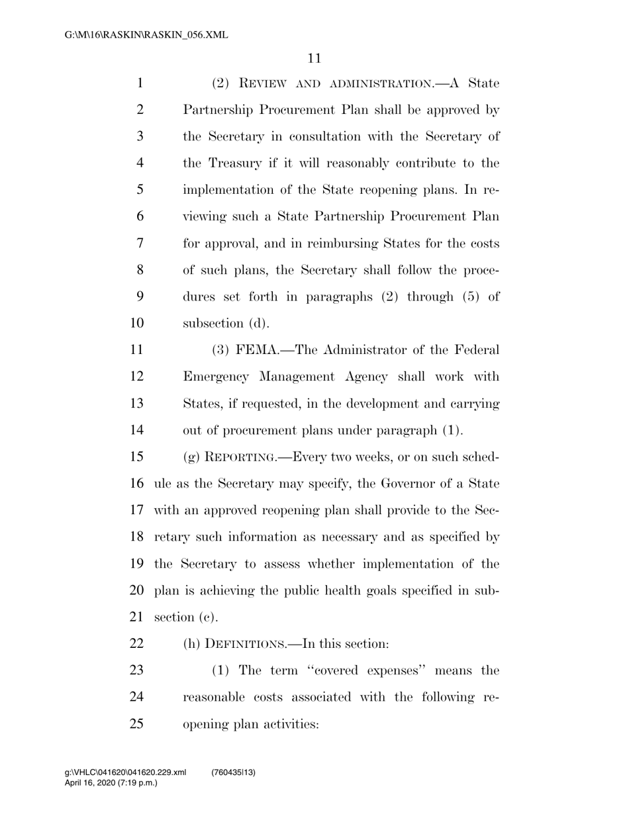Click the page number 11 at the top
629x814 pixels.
point(314,58)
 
